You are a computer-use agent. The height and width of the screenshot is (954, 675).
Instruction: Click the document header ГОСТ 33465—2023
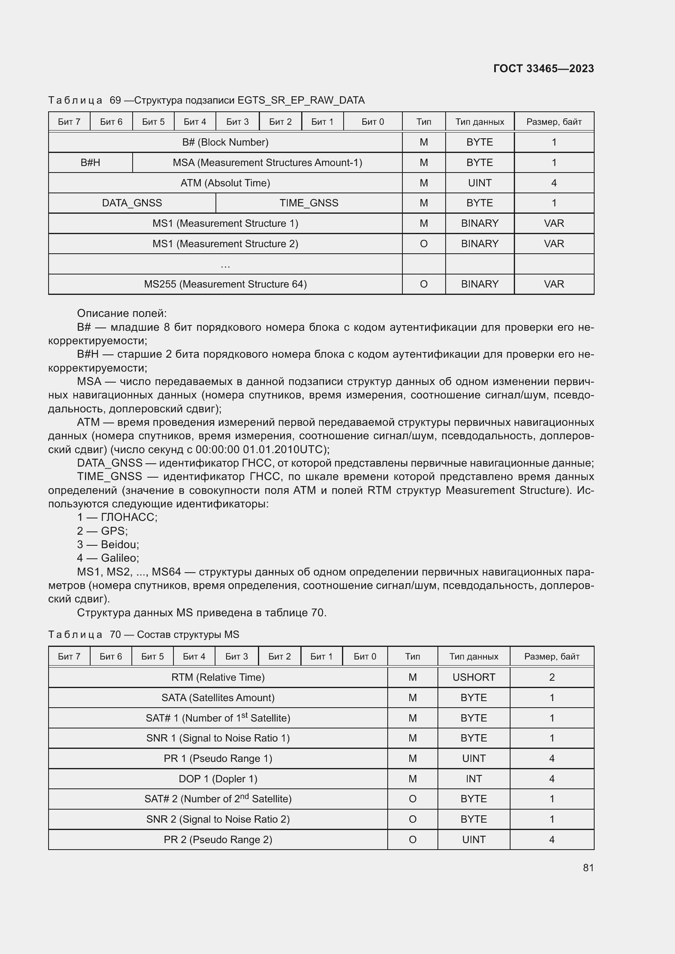(543, 69)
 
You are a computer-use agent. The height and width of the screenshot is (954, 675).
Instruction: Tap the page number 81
(588, 868)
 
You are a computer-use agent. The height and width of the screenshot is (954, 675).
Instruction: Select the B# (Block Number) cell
(225, 142)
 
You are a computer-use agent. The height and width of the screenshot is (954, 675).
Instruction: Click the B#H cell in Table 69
(90, 162)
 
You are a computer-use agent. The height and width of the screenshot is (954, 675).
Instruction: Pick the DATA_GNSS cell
(132, 203)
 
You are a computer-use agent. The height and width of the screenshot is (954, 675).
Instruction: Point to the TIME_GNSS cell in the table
(309, 203)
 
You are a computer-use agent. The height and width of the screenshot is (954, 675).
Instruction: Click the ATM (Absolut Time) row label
(225, 183)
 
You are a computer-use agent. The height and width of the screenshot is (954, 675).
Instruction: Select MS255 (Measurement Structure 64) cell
(225, 284)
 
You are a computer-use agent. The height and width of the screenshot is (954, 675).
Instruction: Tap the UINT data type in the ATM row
(479, 183)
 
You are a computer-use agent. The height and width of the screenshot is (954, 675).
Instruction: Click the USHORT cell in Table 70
(473, 677)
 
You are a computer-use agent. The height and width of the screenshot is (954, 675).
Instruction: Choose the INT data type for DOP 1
(473, 779)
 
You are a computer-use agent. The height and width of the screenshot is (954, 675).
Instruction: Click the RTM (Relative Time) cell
(218, 677)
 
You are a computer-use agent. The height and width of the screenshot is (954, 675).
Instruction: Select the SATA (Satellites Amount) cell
(218, 697)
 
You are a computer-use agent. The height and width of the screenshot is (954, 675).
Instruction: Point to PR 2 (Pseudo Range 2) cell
(218, 840)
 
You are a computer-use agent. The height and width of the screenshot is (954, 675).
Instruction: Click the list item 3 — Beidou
(108, 545)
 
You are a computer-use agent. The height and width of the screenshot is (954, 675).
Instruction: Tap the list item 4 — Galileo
(108, 558)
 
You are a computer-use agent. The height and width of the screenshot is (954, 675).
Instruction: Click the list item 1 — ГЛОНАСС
(117, 517)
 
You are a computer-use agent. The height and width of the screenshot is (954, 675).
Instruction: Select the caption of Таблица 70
(143, 635)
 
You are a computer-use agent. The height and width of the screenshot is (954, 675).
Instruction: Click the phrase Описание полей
(121, 313)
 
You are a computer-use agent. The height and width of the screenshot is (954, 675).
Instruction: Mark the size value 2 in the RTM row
(552, 677)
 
